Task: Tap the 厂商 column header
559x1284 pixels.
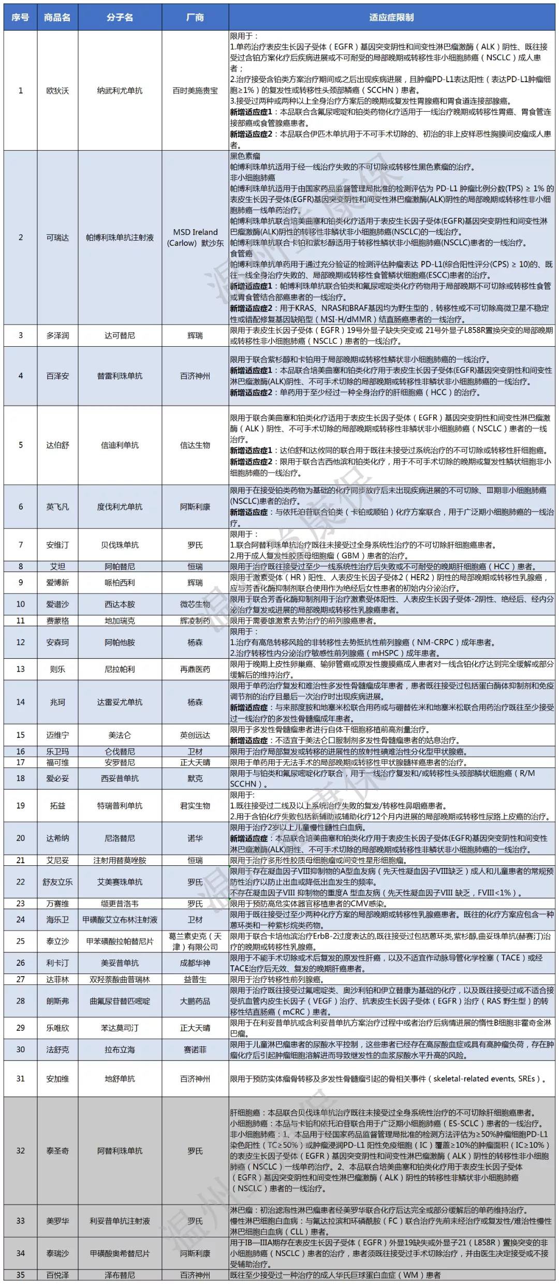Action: pyautogui.click(x=195, y=17)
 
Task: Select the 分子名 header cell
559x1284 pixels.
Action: pyautogui.click(x=120, y=17)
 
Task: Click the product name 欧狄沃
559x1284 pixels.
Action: pyautogui.click(x=57, y=91)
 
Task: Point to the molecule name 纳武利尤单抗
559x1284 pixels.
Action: pyautogui.click(x=120, y=91)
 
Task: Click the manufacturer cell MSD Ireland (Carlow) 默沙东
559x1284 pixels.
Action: pyautogui.click(x=195, y=238)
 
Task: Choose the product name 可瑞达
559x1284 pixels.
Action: pyautogui.click(x=57, y=238)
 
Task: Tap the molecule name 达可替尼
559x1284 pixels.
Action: pyautogui.click(x=120, y=335)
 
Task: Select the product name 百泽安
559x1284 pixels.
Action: pyautogui.click(x=57, y=376)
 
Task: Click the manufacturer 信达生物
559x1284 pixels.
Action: pyautogui.click(x=195, y=445)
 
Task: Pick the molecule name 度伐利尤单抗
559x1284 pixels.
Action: pyautogui.click(x=120, y=507)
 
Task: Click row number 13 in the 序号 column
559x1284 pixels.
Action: pyautogui.click(x=21, y=669)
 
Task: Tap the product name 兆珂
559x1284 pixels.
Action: pyautogui.click(x=57, y=702)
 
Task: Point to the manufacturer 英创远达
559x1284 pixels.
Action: pyautogui.click(x=195, y=734)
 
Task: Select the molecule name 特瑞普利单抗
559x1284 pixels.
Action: pyautogui.click(x=120, y=805)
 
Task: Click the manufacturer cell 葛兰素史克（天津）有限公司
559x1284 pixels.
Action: pyautogui.click(x=195, y=941)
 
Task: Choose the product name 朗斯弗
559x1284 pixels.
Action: pyautogui.click(x=57, y=1001)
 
